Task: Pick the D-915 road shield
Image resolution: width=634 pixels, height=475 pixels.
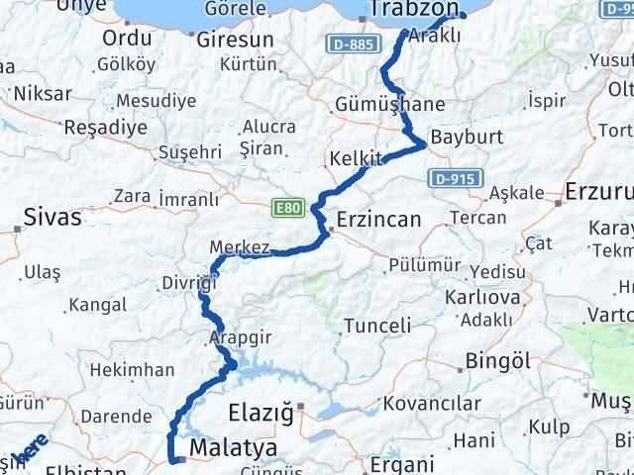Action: [456, 179]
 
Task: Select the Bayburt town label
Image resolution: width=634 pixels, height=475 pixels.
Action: [468, 137]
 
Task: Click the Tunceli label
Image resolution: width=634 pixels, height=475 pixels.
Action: [376, 326]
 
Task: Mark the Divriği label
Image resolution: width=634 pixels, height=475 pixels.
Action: [189, 284]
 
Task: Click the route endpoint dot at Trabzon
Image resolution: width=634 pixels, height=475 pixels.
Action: [463, 16]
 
